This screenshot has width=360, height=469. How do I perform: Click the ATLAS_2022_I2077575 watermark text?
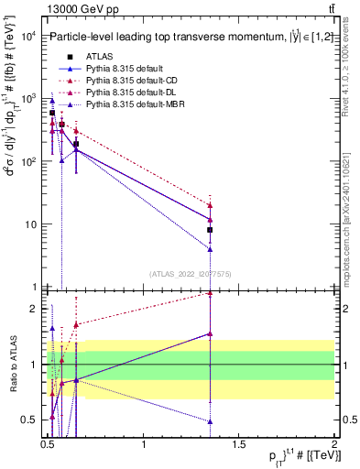click(190, 273)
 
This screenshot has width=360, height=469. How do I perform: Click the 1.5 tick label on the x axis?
click(239, 444)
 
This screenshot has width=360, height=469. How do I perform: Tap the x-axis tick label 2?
click(333, 444)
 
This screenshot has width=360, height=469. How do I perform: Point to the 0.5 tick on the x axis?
click(49, 444)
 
